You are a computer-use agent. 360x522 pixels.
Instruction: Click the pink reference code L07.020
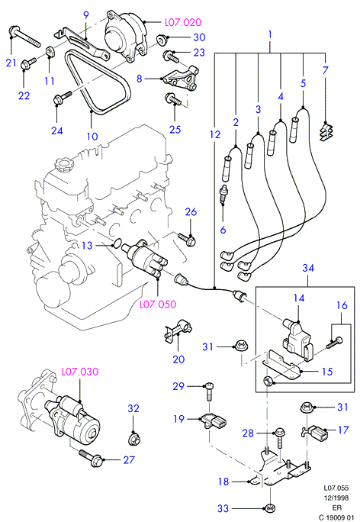click(x=183, y=22)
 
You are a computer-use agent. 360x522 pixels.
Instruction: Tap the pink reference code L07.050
click(x=158, y=304)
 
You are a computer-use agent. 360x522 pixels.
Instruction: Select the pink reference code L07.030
click(x=80, y=372)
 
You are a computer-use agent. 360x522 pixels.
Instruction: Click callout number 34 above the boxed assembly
click(x=308, y=268)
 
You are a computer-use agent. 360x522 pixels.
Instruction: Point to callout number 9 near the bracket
click(x=86, y=15)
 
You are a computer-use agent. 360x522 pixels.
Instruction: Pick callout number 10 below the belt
click(x=92, y=136)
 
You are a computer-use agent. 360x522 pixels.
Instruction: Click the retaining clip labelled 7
click(x=326, y=132)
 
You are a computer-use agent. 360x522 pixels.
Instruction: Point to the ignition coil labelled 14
click(x=297, y=340)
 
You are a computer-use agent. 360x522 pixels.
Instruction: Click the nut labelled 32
click(x=133, y=439)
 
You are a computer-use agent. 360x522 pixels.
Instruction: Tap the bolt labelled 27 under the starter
click(x=91, y=458)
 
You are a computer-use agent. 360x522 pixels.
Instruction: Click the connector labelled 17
click(x=314, y=433)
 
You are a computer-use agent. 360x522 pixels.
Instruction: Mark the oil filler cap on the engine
click(x=62, y=164)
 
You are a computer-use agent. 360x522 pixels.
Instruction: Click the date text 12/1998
click(x=336, y=498)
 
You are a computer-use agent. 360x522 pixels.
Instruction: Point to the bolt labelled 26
click(x=187, y=238)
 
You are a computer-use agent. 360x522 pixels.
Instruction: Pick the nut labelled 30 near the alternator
click(x=162, y=39)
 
